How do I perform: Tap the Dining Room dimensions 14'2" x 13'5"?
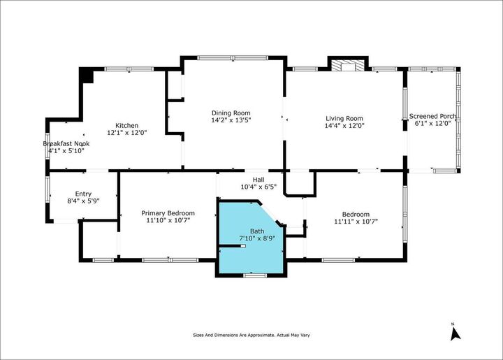coord(231,121)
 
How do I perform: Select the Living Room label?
coord(344,118)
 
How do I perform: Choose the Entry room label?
coord(83,194)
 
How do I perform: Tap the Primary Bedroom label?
coord(168,213)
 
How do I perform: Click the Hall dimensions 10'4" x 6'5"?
coord(258,187)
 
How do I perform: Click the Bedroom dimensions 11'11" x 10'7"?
coord(356,222)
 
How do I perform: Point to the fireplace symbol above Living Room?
coord(347,66)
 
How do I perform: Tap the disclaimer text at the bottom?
coord(251,335)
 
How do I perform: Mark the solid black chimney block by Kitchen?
coord(87,74)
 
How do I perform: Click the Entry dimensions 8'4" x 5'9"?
coord(83,201)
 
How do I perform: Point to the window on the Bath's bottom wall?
coord(253,275)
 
